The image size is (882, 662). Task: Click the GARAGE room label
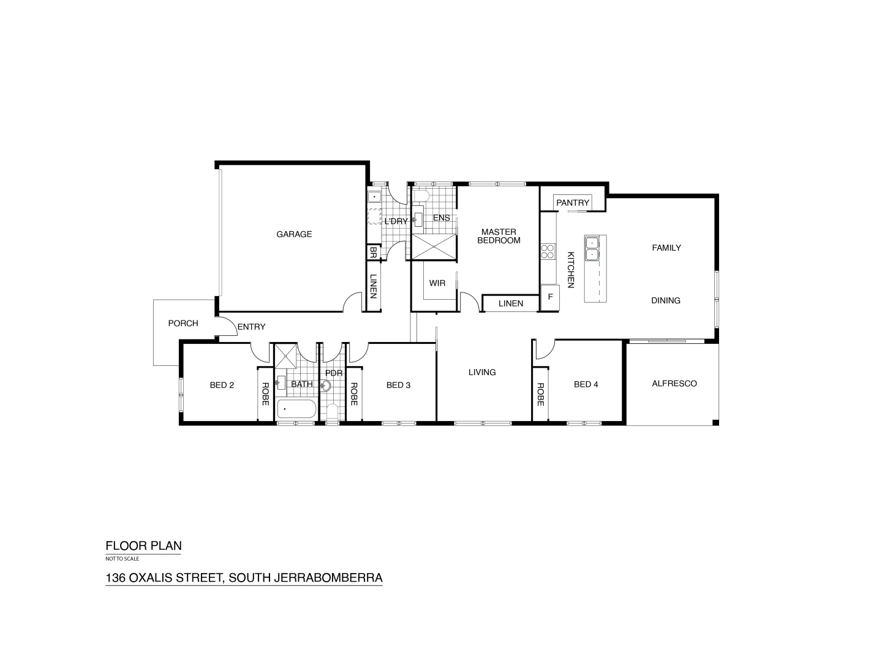[294, 234]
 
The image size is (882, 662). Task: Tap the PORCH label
[183, 324]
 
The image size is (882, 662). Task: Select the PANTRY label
[573, 203]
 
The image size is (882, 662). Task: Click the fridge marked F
[550, 298]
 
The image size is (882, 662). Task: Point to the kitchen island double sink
[593, 248]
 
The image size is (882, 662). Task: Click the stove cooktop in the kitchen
[548, 252]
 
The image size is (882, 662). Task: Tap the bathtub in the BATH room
[296, 409]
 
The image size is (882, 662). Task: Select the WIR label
[437, 283]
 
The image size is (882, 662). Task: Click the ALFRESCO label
[674, 384]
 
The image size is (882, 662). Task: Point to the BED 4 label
[586, 384]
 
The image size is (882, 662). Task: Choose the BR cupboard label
[373, 253]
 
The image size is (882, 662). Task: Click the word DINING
[665, 300]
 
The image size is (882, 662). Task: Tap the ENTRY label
[251, 327]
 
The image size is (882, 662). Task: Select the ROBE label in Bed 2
[265, 394]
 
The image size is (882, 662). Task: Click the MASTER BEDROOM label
[499, 236]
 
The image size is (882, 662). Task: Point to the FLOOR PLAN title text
[144, 546]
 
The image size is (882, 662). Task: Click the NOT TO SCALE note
[123, 559]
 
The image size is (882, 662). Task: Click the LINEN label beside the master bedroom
[510, 303]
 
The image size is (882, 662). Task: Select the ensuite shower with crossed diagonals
[434, 248]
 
